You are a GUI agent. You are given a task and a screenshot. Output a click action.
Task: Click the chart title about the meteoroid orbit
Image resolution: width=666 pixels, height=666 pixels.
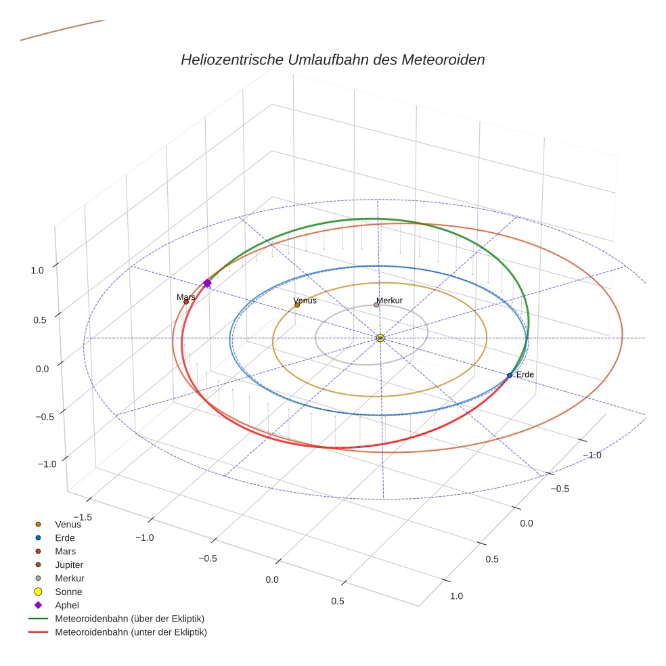click(332, 60)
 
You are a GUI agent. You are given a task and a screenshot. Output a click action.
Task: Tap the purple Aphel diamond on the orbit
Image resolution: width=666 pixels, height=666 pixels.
click(207, 283)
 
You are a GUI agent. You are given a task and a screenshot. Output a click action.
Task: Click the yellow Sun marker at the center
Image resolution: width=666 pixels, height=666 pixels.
click(380, 338)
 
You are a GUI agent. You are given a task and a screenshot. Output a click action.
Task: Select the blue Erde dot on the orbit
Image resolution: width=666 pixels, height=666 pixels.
click(510, 375)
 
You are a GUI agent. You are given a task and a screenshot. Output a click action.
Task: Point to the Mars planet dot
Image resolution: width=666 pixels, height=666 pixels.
click(186, 302)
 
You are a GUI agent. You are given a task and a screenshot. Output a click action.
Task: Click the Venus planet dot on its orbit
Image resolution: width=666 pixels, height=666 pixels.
click(297, 305)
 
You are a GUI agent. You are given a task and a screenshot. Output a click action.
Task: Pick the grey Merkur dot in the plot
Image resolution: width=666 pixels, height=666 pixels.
click(376, 305)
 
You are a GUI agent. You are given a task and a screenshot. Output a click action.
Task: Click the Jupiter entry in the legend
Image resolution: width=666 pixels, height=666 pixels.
click(69, 564)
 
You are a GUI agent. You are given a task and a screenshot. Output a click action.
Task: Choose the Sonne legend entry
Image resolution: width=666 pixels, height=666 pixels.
click(68, 592)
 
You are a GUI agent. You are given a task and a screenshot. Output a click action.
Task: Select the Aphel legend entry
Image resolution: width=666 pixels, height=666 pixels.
click(67, 605)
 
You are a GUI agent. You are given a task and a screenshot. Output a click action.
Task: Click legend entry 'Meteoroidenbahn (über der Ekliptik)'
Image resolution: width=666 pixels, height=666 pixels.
click(129, 619)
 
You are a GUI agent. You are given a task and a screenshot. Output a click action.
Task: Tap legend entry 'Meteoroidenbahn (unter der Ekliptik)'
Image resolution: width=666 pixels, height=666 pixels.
click(131, 632)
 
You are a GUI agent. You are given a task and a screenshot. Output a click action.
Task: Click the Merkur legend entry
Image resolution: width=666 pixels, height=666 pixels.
click(69, 578)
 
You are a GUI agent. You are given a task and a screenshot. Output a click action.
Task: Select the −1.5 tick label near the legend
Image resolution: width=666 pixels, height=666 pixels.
click(82, 516)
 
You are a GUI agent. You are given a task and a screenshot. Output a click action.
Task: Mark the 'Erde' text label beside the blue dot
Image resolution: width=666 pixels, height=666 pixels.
click(525, 374)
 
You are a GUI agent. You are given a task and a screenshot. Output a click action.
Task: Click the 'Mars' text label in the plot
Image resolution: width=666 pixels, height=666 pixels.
click(185, 296)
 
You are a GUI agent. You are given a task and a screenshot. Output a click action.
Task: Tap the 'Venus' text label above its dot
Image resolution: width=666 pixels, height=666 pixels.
click(305, 301)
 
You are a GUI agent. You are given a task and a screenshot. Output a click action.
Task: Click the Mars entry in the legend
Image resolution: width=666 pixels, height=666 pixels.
click(65, 551)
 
